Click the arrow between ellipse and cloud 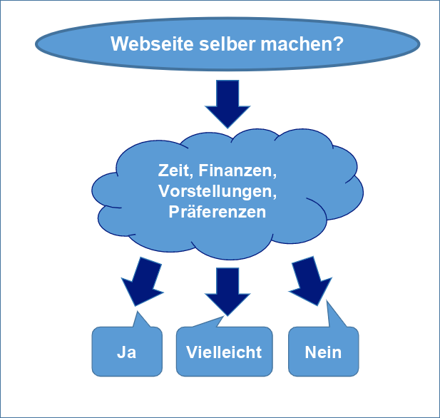(227, 103)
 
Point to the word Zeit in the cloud (174, 171)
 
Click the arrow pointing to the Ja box (142, 280)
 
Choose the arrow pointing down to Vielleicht (227, 288)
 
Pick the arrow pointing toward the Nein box (309, 281)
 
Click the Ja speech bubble (127, 352)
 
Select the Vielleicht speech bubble (224, 352)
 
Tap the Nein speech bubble (323, 352)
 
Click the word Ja (127, 352)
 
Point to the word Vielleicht (224, 352)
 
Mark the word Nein (323, 352)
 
